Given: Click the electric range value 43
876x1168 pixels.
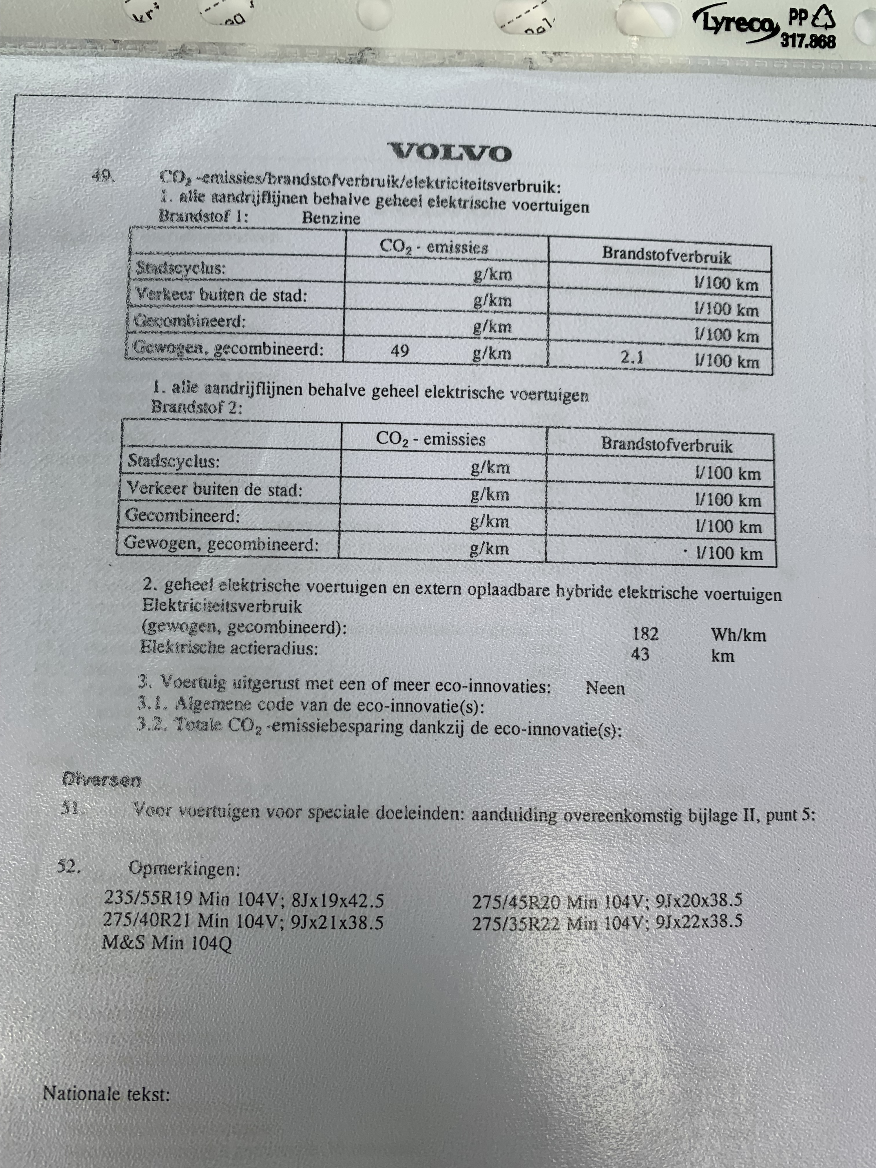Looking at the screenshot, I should [x=640, y=655].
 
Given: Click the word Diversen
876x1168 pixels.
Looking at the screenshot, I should [x=101, y=779].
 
